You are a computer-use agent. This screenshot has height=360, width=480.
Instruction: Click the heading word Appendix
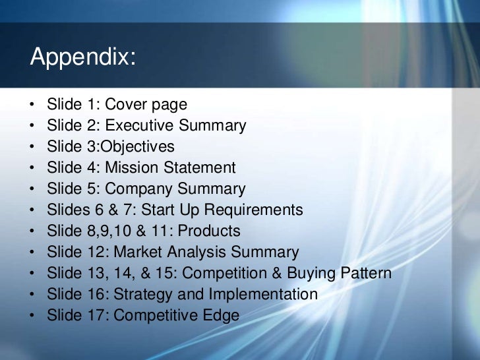pos(83,58)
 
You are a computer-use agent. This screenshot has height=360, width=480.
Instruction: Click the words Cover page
pos(146,104)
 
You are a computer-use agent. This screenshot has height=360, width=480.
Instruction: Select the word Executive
pos(136,125)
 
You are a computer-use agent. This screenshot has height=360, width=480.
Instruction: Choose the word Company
pos(136,189)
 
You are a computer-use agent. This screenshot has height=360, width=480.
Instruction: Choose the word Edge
pos(222,315)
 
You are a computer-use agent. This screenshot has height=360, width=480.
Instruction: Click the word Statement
pos(200,167)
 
